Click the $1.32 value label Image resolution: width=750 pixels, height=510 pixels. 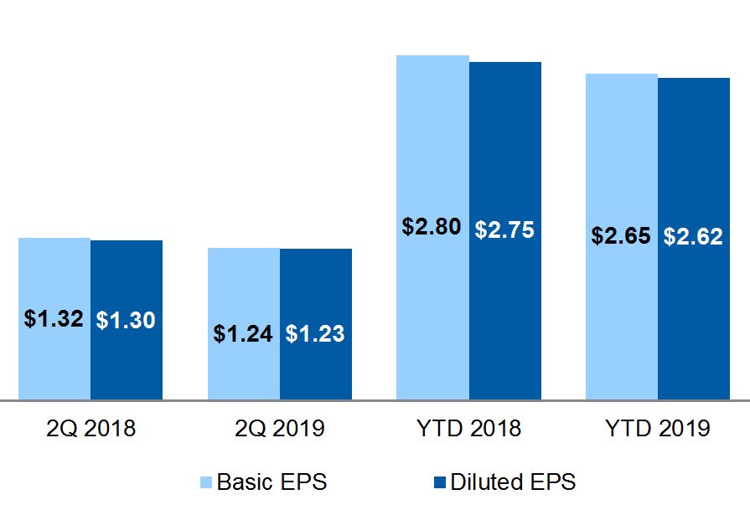tap(54, 319)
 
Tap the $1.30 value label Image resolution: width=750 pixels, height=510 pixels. tap(126, 319)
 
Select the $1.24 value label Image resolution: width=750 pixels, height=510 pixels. tap(243, 333)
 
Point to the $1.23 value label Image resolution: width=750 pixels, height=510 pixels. tap(315, 333)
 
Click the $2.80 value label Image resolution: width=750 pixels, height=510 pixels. tap(432, 227)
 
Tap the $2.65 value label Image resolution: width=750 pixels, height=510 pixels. tap(621, 236)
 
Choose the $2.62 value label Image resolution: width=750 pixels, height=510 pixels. tap(693, 237)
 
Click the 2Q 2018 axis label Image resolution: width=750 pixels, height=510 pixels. tap(90, 429)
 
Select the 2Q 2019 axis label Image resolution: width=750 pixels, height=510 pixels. tap(279, 429)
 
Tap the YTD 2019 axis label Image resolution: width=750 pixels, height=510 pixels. tap(657, 429)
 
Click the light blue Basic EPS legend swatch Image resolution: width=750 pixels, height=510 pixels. tap(207, 483)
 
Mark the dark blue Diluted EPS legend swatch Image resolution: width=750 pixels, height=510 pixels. tap(440, 483)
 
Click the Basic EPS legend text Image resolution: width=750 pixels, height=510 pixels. tap(272, 482)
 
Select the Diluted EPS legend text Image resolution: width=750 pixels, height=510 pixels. tap(513, 482)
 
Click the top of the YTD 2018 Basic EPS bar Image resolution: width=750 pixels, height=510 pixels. tap(432, 56)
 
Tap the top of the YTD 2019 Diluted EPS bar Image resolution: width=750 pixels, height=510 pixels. tap(694, 79)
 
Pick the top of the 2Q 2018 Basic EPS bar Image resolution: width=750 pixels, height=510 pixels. tap(54, 239)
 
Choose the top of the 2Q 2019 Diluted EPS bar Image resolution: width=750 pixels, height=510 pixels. tap(316, 250)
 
